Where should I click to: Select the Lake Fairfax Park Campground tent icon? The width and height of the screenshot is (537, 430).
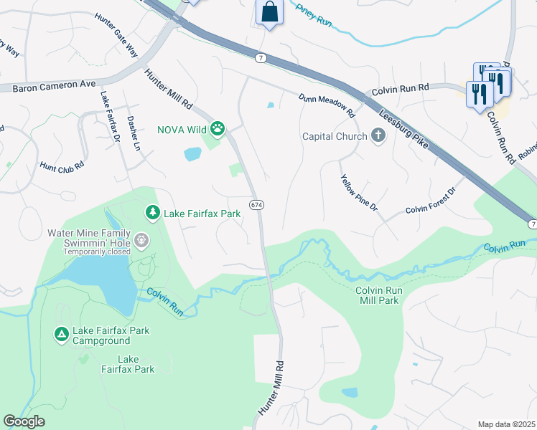tap(62, 333)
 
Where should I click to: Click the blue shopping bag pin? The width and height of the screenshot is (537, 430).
tap(268, 12)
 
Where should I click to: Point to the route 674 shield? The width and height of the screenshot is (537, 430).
tap(256, 205)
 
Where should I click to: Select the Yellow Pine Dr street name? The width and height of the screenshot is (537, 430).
tap(359, 193)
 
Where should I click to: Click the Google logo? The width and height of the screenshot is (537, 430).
tap(24, 421)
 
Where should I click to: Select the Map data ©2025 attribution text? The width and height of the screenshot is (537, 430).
tap(506, 424)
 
